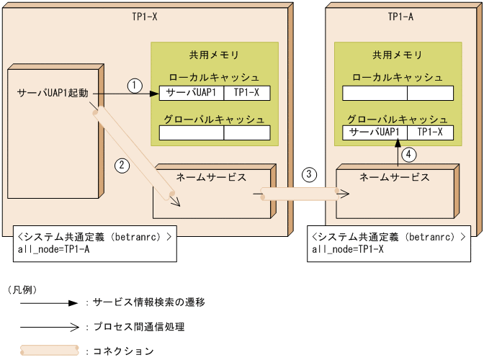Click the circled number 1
[134, 84]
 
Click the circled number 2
[122, 165]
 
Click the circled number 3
[309, 174]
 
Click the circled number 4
[408, 153]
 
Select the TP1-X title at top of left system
[145, 16]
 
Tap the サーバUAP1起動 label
[54, 94]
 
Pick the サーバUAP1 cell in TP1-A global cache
[374, 132]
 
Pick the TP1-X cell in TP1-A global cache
[430, 132]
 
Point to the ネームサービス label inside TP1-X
[211, 176]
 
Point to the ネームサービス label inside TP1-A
[395, 176]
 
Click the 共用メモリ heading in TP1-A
[397, 55]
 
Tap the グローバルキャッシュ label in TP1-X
[214, 119]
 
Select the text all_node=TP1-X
[346, 250]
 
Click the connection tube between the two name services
[300, 194]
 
